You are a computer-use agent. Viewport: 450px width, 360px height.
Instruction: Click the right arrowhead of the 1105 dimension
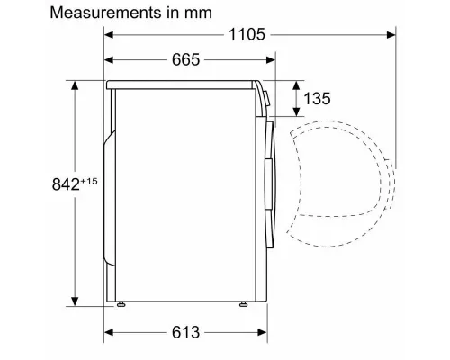(391, 35)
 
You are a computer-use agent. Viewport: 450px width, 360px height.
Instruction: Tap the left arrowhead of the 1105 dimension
(111, 35)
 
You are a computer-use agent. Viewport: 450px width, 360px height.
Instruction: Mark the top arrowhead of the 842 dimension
(73, 86)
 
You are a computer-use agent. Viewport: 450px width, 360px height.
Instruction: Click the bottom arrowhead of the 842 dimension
(73, 301)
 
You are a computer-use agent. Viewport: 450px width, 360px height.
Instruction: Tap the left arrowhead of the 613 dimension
(111, 331)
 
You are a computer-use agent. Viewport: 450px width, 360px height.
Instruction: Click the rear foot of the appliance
(119, 302)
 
